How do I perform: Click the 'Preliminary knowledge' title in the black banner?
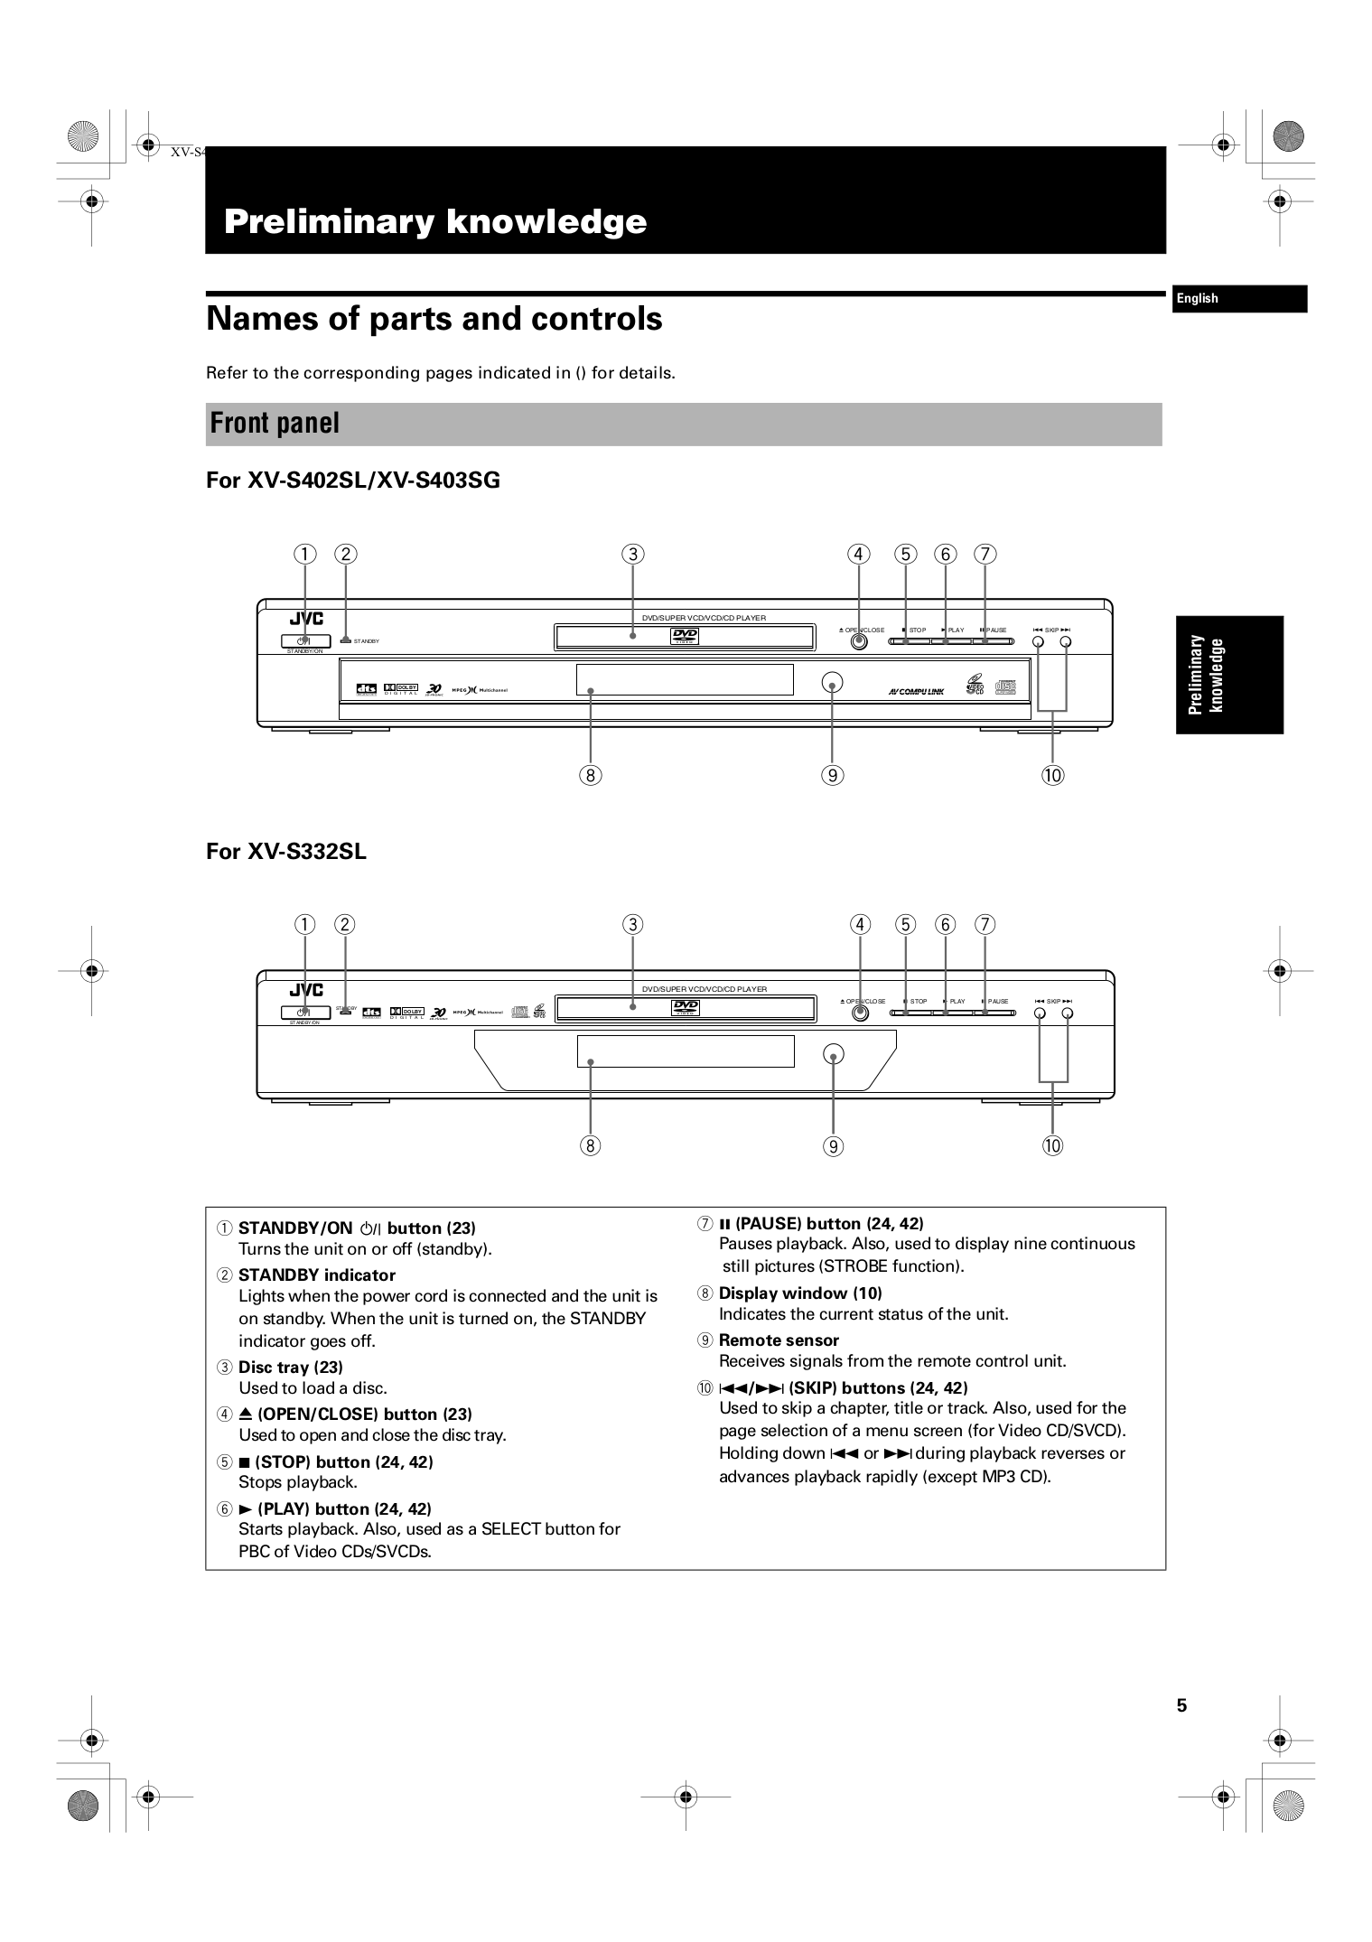[434, 221]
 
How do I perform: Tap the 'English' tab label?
[1197, 299]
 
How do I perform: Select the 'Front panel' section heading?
[275, 423]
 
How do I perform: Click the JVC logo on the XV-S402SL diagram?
[306, 619]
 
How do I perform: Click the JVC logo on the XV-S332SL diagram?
[306, 991]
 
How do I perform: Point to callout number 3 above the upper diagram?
[633, 555]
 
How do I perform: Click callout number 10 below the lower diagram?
[1052, 1146]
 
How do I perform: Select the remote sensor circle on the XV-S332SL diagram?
[833, 1054]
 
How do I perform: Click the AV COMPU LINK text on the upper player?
[915, 692]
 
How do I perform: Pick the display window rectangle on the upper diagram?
[684, 679]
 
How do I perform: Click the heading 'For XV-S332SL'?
[285, 852]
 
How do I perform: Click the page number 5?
[1181, 1705]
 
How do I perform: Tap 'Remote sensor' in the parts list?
[779, 1340]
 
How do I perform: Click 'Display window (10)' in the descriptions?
[799, 1293]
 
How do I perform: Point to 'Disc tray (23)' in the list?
[290, 1368]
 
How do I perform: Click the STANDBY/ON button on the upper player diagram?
[305, 641]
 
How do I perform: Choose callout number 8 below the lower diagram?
[590, 1146]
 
